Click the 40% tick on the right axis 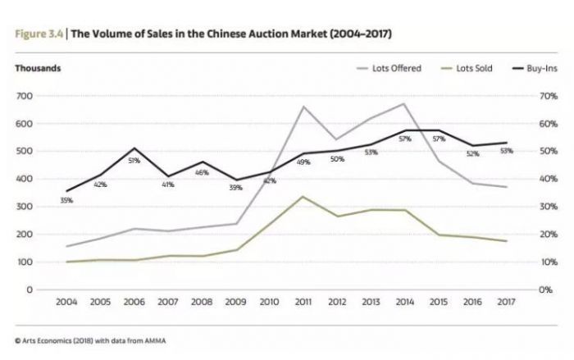point(546,180)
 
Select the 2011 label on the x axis point(303,303)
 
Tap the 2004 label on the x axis point(66,303)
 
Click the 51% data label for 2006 point(134,161)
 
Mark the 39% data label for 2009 point(235,189)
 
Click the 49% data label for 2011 point(303,162)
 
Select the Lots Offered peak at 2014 point(403,104)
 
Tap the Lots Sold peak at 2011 point(303,197)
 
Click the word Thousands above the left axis point(38,68)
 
